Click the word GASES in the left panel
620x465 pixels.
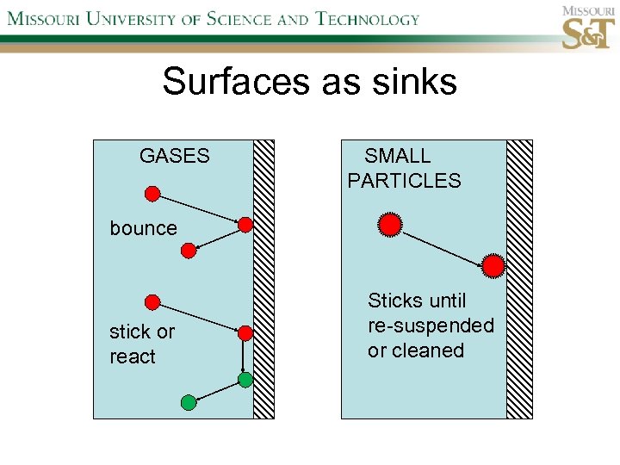coord(174,156)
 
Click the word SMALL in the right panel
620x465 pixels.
coord(397,156)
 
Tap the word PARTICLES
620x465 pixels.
coord(404,181)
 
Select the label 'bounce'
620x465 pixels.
coord(143,228)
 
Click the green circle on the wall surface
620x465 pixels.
coord(245,379)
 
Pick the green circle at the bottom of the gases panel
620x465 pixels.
coord(189,401)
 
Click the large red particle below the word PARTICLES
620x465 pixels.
coord(389,226)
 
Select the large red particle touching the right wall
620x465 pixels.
coord(493,266)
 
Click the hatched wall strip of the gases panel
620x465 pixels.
coord(263,279)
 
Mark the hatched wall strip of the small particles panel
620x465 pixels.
coord(519,279)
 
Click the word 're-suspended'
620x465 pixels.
coord(431,325)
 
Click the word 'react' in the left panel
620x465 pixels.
coord(133,356)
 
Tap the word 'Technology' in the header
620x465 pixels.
coord(367,18)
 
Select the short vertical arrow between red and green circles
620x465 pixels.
coord(245,356)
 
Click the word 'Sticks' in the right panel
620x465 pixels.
coord(394,301)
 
